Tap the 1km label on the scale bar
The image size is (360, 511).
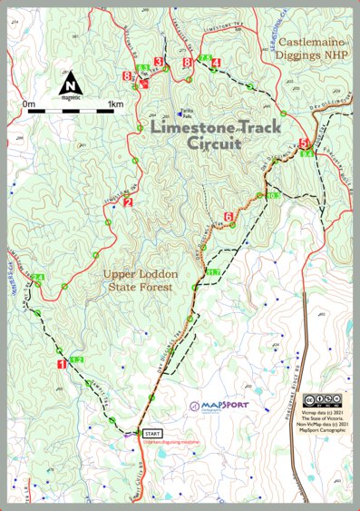(x=114, y=104)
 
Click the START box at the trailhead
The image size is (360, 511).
(x=152, y=435)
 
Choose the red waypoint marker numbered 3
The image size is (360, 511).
(x=159, y=62)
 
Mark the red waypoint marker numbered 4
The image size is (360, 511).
(x=215, y=62)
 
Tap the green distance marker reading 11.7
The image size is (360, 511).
(x=213, y=271)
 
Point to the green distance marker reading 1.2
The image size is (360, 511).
(x=76, y=360)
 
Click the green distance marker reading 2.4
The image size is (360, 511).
(x=37, y=277)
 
